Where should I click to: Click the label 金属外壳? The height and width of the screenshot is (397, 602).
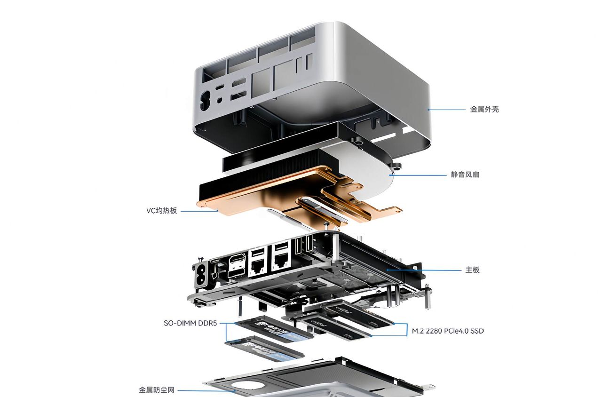click(484, 110)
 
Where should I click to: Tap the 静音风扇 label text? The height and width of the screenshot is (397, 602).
click(465, 175)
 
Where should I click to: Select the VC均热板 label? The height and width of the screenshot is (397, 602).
click(161, 210)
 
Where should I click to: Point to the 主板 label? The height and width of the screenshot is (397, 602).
click(473, 270)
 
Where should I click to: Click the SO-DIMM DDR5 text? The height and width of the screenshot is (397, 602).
click(190, 323)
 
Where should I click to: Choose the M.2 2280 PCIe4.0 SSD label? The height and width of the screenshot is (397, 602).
click(448, 331)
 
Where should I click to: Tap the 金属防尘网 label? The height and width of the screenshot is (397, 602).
click(157, 390)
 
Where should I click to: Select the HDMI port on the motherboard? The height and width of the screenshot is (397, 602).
click(237, 260)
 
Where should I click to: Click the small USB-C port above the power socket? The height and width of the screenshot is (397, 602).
click(215, 261)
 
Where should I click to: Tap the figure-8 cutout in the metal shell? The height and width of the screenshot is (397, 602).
click(206, 101)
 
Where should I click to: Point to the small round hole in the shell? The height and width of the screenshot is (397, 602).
click(220, 100)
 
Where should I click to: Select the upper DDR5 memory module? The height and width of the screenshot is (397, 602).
click(274, 330)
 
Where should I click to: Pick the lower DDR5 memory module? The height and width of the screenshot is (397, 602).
click(265, 349)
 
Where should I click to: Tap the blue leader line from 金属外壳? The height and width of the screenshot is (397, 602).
click(446, 110)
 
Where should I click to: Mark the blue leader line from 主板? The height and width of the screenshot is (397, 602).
click(424, 270)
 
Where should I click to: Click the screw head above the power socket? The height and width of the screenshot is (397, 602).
click(200, 259)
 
